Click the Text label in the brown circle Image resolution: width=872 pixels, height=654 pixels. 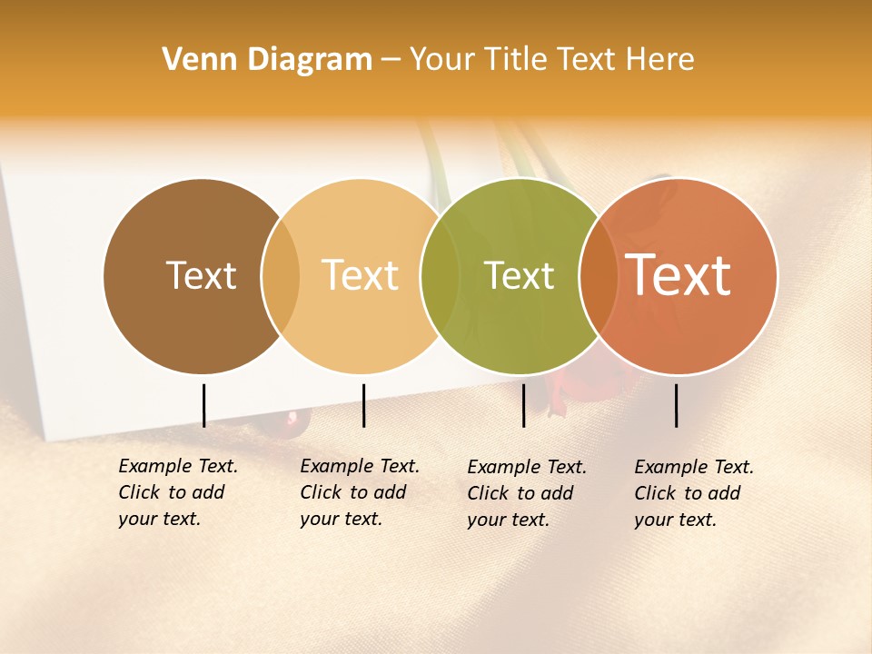coord(201,275)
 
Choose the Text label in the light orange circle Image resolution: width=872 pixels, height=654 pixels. coord(361,275)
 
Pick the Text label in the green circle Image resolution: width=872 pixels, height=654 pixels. coord(519,275)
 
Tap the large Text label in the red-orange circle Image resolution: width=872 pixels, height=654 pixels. coord(679,275)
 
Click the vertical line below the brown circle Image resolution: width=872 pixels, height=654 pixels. coord(203,405)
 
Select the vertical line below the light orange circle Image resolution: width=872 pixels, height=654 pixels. coord(363,405)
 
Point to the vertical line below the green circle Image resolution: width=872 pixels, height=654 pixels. coord(524,405)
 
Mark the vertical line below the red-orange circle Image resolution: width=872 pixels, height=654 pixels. coord(677,405)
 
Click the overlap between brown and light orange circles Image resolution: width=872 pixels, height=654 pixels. coord(281,276)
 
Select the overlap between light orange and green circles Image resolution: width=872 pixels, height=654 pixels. coord(440,276)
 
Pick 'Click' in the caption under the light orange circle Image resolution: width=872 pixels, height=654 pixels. coord(321,492)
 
